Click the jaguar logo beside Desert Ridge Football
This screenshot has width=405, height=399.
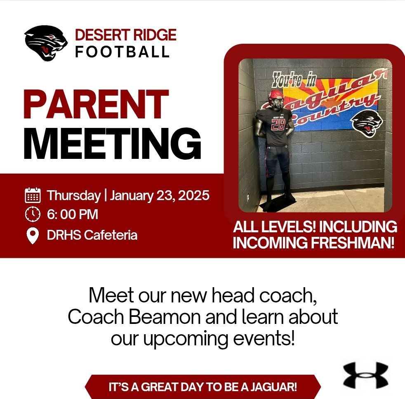46,43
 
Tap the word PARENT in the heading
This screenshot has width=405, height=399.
96,105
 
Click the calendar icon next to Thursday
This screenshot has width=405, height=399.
33,195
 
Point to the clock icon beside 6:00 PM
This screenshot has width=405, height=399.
33,215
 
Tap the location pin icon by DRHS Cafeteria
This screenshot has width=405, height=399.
33,235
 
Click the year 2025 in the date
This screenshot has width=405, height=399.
193,195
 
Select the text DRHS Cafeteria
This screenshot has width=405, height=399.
92,235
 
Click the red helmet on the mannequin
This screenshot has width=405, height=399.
275,99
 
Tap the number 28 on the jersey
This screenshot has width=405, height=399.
278,125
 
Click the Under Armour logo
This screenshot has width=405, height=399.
365,375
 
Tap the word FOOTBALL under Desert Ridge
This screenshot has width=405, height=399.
122,52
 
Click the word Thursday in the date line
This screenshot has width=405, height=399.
74,195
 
